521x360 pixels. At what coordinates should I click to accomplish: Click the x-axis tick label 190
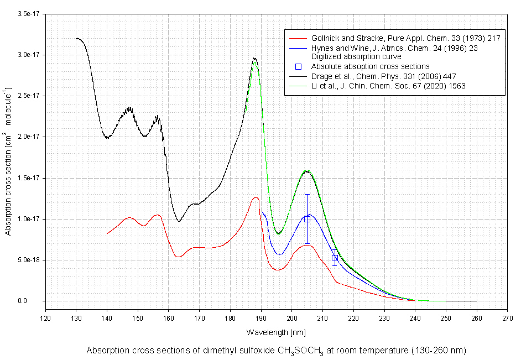[262, 319]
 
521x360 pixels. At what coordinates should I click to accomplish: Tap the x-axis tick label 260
[477, 319]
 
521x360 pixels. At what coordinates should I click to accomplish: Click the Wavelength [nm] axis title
[275, 332]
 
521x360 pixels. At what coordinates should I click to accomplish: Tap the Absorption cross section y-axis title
[8, 161]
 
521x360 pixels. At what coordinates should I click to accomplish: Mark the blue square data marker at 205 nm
[307, 219]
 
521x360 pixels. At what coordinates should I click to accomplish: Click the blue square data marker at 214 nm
[335, 258]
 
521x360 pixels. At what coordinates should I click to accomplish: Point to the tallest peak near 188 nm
[254, 58]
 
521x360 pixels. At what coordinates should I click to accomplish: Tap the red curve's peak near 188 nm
[255, 197]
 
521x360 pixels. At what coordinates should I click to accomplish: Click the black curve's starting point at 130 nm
[76, 39]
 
